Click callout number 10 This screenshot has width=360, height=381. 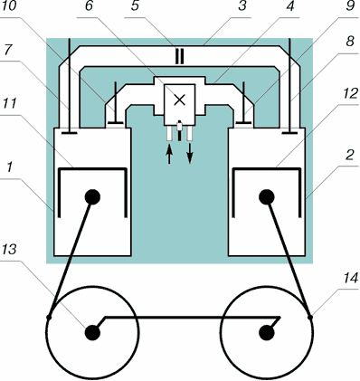pos(8,6)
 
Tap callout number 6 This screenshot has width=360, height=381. pos(89,5)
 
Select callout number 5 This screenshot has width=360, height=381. pos(136,5)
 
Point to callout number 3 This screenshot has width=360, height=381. pos(242,5)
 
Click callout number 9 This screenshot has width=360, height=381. pos(350,5)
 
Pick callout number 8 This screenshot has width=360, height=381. pos(350,42)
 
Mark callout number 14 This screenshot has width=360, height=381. pos(350,277)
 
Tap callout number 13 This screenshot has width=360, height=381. pos(9,250)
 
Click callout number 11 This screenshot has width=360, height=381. pos(9,103)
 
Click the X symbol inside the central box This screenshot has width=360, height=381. pos(180,100)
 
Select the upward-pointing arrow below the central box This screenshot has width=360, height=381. pos(169,154)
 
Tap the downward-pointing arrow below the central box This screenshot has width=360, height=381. pos(190,153)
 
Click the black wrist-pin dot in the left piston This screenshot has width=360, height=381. pos(92,197)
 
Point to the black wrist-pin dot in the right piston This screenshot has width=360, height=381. pos(267,197)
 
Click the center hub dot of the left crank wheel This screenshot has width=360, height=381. pos(92,333)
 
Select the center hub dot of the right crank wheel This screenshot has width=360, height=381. pos(267,333)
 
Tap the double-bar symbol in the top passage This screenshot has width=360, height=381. pos(179,56)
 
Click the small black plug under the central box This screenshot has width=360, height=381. pos(180,130)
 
